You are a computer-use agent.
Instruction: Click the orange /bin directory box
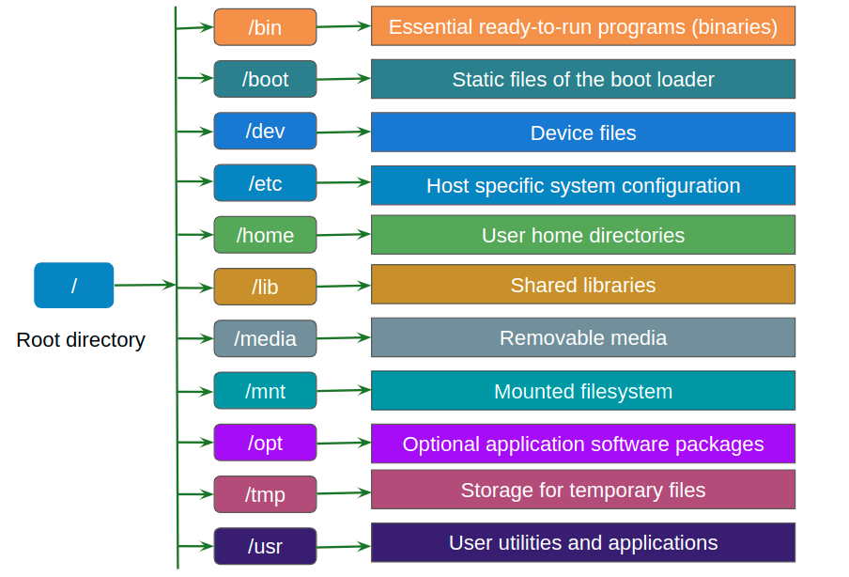pos(265,27)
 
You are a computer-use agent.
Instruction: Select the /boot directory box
pos(265,79)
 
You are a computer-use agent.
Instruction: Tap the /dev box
pos(265,131)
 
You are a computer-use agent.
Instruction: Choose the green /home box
pos(265,235)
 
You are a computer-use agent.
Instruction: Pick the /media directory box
pos(265,338)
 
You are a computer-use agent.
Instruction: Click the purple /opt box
pos(265,443)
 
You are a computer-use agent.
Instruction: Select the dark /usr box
pos(265,546)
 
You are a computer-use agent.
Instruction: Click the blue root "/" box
pos(73,286)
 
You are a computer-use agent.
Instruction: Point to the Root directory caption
pos(81,340)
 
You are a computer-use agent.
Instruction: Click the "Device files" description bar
pos(582,133)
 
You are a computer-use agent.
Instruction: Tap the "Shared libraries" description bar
pos(582,285)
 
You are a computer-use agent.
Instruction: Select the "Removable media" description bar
pos(582,337)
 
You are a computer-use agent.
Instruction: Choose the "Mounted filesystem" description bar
pos(582,391)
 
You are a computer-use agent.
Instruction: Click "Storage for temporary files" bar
pos(582,490)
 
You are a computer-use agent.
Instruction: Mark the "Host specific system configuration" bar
pos(582,185)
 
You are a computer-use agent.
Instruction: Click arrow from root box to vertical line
pos(144,285)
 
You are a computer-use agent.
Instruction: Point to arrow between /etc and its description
pos(344,184)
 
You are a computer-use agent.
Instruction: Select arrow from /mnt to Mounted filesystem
pos(344,391)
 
